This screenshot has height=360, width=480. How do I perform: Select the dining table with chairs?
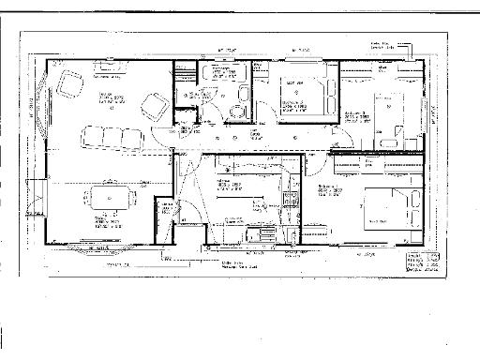[x=109, y=199]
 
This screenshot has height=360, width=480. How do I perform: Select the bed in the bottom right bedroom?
[x=385, y=204]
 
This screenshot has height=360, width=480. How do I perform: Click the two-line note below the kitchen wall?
[x=236, y=265]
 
